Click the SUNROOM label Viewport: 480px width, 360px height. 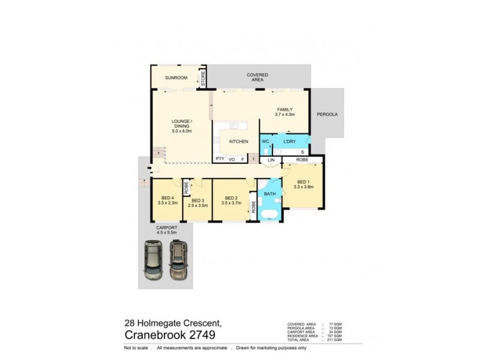pos(177,78)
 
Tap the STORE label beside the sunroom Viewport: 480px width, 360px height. pos(203,79)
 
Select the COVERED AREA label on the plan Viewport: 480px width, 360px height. pos(257,77)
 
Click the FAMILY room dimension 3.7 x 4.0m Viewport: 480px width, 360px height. pos(285,114)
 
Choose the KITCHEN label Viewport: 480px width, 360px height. pos(238,142)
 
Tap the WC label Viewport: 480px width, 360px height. pos(265,142)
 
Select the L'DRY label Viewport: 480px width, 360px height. pos(290,142)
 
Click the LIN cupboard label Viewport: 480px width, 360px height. pos(271,161)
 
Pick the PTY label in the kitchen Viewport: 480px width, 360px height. pos(220,160)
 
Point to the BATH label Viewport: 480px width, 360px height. pos(269,194)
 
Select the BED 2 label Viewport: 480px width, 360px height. pos(232,199)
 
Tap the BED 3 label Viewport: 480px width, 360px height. pos(196,200)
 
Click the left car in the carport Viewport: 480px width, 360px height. pos(153,260)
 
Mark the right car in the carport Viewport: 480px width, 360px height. pos(178,259)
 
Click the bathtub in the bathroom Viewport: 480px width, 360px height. pos(269,215)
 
